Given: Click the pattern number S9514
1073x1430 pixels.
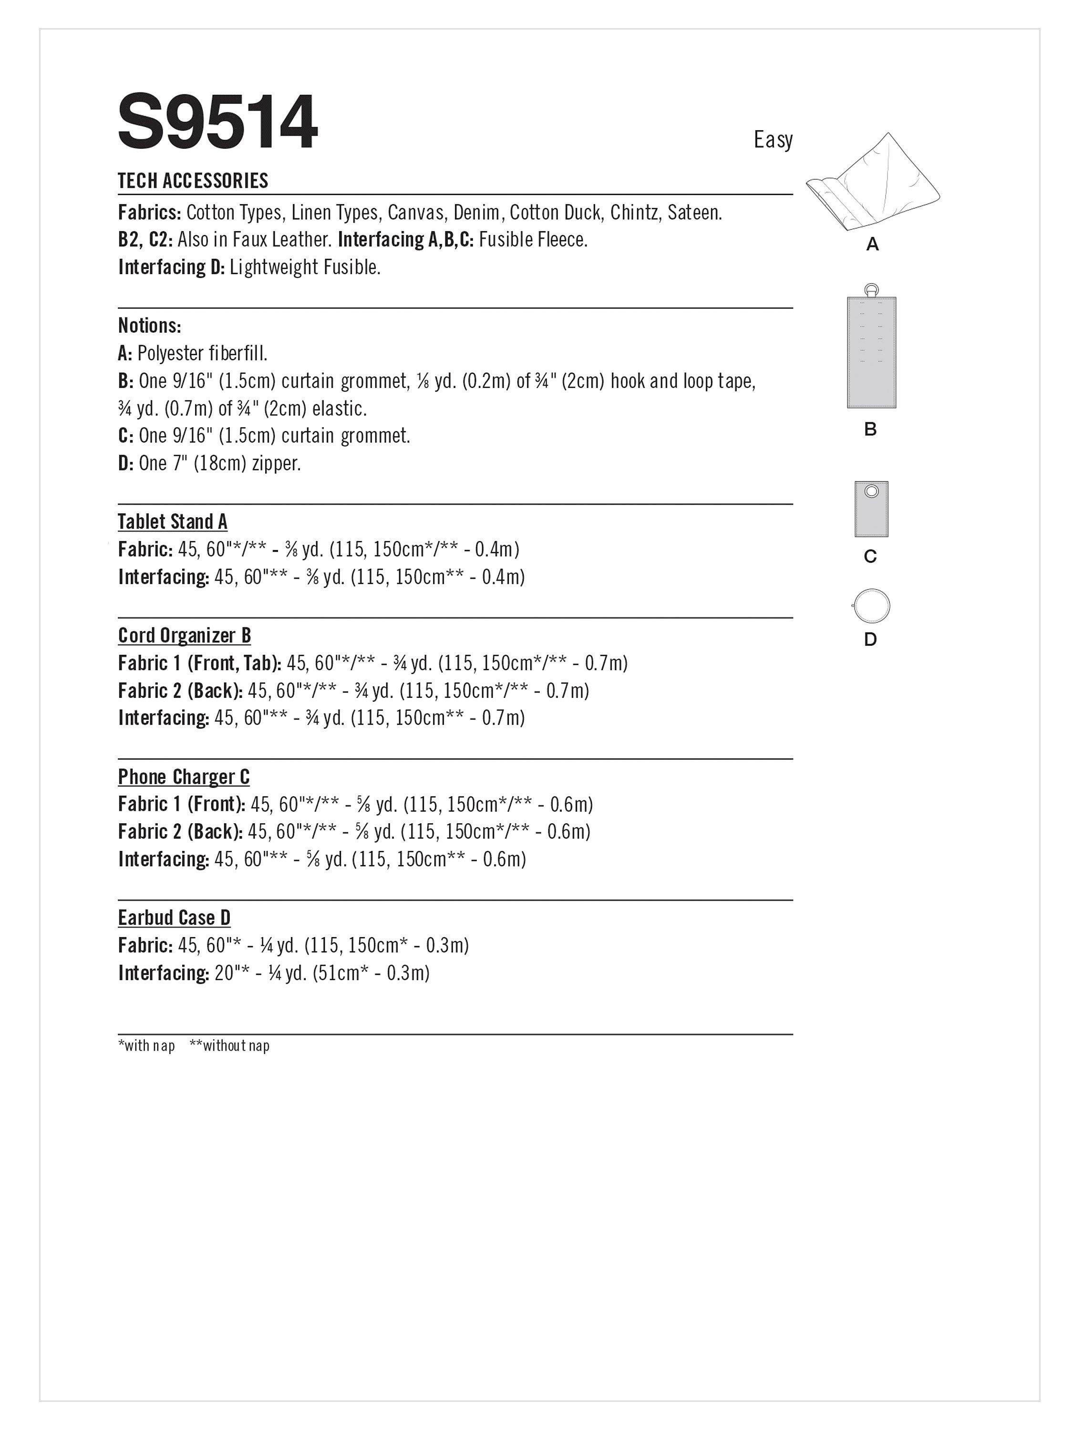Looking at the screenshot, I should [x=217, y=122].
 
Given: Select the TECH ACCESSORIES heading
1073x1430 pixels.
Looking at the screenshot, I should [x=193, y=181].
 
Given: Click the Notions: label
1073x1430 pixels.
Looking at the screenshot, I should [x=149, y=325].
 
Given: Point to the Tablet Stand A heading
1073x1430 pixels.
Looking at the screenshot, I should [x=173, y=521].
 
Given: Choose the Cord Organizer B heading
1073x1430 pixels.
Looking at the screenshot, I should [x=185, y=635].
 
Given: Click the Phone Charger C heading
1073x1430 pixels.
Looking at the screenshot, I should [x=184, y=776].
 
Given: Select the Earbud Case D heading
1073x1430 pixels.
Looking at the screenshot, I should [x=174, y=918].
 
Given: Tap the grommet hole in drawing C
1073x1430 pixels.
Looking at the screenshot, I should [x=871, y=492].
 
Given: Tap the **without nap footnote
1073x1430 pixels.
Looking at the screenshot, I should [x=229, y=1045].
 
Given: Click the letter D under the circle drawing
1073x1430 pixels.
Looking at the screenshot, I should [x=870, y=639].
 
